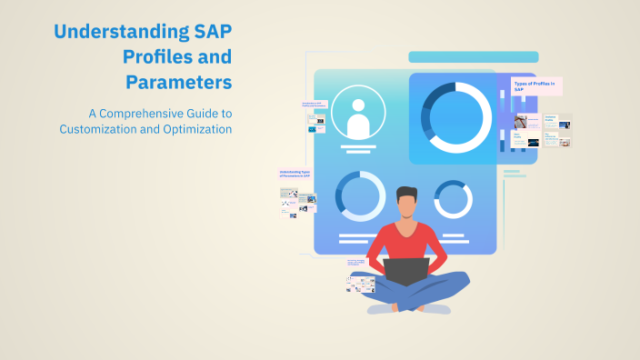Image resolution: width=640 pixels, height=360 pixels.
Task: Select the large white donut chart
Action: pos(459,116)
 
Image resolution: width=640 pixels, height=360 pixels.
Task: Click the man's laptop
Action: pos(405,271)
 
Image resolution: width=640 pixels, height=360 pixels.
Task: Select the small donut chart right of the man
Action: pos(453,198)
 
